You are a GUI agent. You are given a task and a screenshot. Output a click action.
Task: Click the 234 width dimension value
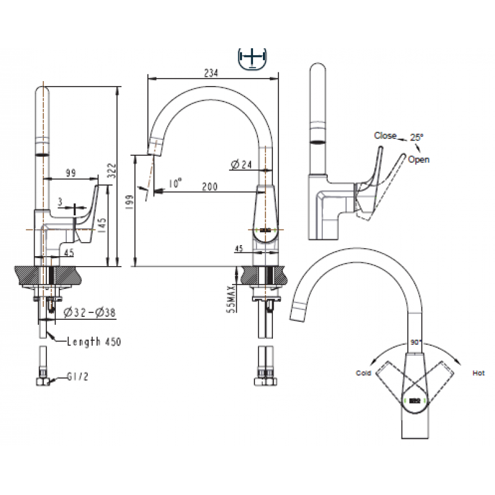pyautogui.click(x=211, y=73)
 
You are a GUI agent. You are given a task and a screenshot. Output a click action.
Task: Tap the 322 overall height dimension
pyautogui.click(x=112, y=171)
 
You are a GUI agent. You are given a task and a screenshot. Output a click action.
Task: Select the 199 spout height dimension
pyautogui.click(x=130, y=202)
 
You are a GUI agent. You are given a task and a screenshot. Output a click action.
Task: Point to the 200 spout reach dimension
pyautogui.click(x=210, y=187)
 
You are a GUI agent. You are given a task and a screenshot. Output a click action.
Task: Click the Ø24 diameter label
pyautogui.click(x=241, y=165)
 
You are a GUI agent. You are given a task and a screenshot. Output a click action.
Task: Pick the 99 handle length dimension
pyautogui.click(x=71, y=173)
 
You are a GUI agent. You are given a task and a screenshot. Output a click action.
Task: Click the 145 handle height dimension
pyautogui.click(x=102, y=226)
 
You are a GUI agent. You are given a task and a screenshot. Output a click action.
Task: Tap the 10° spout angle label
pyautogui.click(x=175, y=183)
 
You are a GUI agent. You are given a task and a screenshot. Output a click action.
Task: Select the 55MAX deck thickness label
pyautogui.click(x=232, y=299)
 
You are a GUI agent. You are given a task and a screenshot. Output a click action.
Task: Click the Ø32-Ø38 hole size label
pyautogui.click(x=90, y=312)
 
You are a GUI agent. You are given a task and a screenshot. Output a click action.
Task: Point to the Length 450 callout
pyautogui.click(x=94, y=342)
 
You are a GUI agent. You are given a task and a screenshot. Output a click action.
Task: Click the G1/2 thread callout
pyautogui.click(x=78, y=376)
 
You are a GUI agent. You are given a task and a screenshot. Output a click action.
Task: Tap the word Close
pyautogui.click(x=385, y=136)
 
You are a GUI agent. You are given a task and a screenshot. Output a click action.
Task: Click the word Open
pyautogui.click(x=419, y=160)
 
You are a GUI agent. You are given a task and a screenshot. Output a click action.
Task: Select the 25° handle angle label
pyautogui.click(x=416, y=137)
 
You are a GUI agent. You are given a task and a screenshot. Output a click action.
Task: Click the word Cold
pyautogui.click(x=363, y=373)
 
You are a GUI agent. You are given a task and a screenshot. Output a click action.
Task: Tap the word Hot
pyautogui.click(x=478, y=373)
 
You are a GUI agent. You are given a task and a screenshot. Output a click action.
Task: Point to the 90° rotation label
pyautogui.click(x=416, y=342)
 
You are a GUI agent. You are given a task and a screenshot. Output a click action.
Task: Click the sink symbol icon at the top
pyautogui.click(x=252, y=59)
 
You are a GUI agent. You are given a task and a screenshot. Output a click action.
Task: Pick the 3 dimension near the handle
pyautogui.click(x=60, y=202)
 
